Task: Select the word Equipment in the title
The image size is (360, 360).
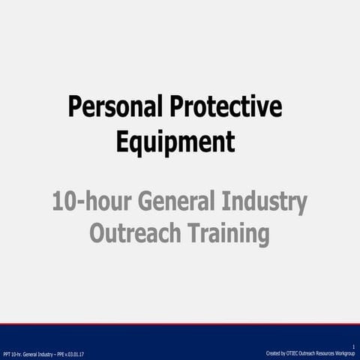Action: coord(175,140)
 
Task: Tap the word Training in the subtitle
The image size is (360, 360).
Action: coord(226,234)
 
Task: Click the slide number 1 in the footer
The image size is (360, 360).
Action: coord(352,346)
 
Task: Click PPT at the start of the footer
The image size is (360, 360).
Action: coord(7,353)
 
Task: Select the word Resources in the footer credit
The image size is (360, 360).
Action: coord(321,352)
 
